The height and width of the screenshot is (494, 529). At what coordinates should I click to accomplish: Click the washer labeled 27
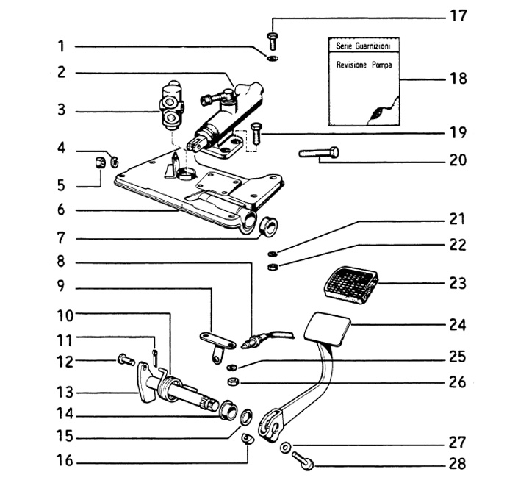(x=284, y=446)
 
